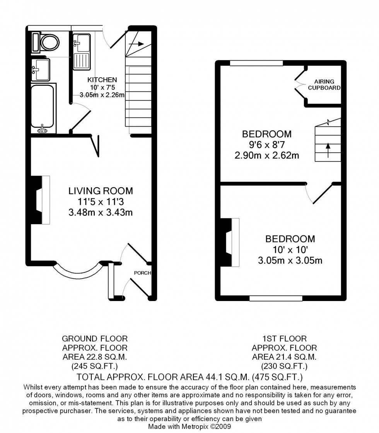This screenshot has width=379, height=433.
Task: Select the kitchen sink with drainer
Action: click(82, 51)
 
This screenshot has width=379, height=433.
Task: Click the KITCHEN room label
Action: click(102, 80)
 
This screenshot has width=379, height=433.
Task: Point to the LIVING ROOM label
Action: click(101, 191)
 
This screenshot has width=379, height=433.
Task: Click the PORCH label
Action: click(142, 273)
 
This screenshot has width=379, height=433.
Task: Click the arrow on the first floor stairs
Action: click(328, 148)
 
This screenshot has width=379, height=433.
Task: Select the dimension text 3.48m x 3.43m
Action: click(101, 212)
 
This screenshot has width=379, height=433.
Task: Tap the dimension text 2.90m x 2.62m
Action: click(267, 156)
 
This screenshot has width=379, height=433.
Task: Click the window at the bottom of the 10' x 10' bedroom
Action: click(276, 298)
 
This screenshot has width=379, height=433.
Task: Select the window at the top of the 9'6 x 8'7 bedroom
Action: click(256, 63)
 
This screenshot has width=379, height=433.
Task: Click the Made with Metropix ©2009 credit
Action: click(189, 427)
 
